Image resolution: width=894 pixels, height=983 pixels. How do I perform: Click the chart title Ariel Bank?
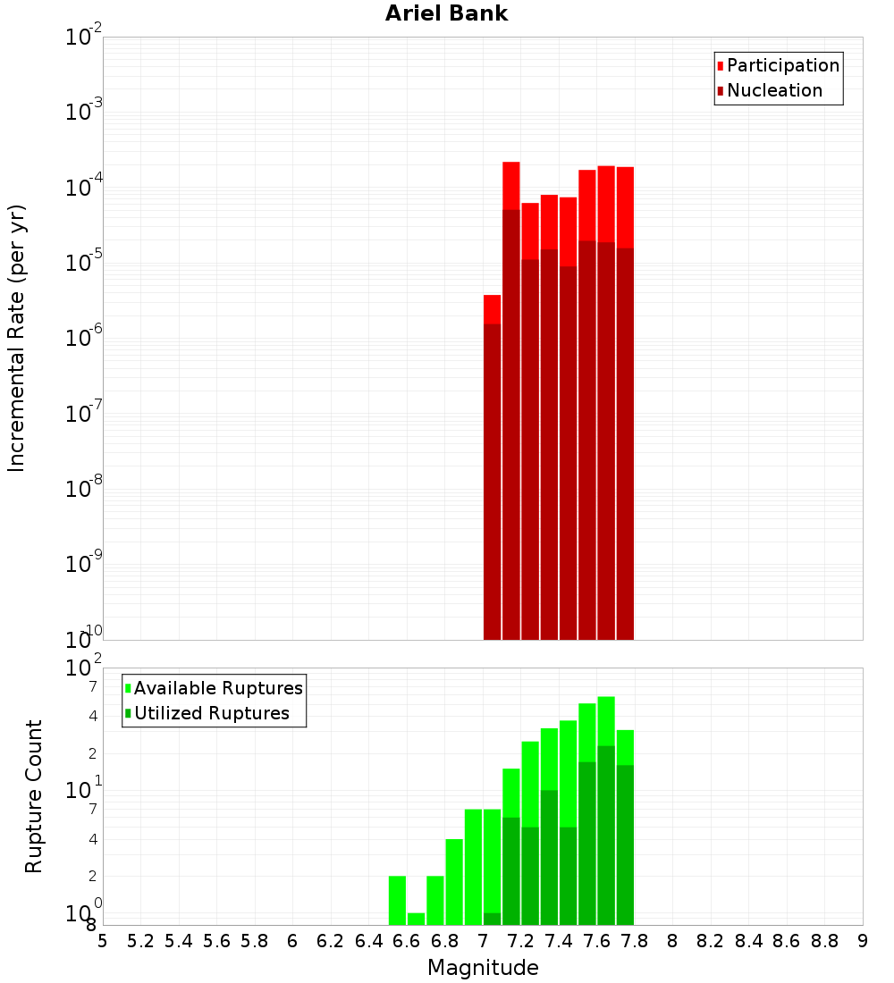pyautogui.click(x=446, y=14)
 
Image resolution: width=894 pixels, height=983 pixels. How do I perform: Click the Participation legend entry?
pyautogui.click(x=782, y=65)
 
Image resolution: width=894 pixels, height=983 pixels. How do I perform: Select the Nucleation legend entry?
pyautogui.click(x=774, y=90)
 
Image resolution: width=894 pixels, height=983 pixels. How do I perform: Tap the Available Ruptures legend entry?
pyautogui.click(x=217, y=688)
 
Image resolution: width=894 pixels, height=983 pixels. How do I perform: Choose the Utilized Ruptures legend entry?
pyautogui.click(x=211, y=713)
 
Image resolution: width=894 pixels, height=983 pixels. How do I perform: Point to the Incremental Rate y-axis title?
pyautogui.click(x=17, y=338)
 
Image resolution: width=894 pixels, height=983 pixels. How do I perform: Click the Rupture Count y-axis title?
pyautogui.click(x=34, y=796)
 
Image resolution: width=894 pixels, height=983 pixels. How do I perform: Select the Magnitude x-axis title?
pyautogui.click(x=483, y=968)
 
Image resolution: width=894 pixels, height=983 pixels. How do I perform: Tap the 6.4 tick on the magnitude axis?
pyautogui.click(x=369, y=941)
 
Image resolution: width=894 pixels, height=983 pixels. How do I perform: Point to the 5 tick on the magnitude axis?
pyautogui.click(x=103, y=941)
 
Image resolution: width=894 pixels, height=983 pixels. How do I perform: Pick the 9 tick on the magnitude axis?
pyautogui.click(x=863, y=941)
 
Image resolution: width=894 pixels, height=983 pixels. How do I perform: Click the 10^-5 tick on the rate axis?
pyautogui.click(x=84, y=262)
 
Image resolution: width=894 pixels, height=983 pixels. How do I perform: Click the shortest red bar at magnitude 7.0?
pyautogui.click(x=492, y=308)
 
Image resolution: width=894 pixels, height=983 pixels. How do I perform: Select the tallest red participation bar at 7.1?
pyautogui.click(x=511, y=185)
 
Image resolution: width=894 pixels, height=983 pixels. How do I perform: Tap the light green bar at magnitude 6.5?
pyautogui.click(x=397, y=900)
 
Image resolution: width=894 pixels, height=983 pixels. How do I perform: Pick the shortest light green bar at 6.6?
pyautogui.click(x=416, y=919)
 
